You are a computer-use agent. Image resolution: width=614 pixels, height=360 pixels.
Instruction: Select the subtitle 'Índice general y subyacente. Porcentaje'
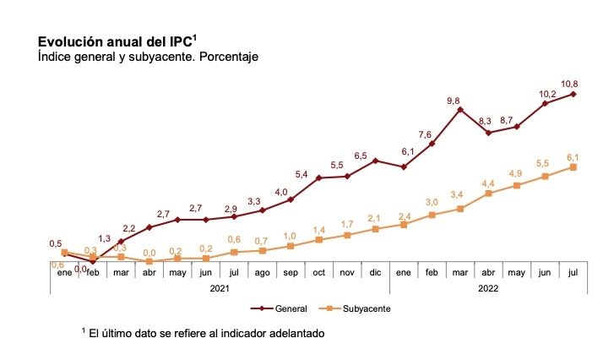click(147, 57)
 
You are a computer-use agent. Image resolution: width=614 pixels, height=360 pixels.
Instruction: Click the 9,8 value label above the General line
click(454, 101)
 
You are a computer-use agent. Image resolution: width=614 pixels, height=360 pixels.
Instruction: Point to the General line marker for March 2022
click(460, 109)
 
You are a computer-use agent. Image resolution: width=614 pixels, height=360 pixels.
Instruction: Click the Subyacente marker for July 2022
click(573, 167)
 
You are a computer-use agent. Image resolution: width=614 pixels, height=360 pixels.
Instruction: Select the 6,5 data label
click(361, 156)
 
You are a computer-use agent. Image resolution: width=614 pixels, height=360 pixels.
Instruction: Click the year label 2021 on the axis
click(220, 287)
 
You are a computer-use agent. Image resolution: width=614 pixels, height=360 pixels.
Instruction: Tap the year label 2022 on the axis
click(488, 287)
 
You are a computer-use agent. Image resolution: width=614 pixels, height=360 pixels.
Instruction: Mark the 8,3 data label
click(484, 122)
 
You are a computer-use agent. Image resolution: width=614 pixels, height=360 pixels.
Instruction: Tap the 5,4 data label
click(302, 174)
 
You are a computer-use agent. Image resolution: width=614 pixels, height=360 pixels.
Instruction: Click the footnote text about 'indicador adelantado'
click(203, 334)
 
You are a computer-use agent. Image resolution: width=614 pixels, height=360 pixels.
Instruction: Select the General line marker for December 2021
click(375, 161)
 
